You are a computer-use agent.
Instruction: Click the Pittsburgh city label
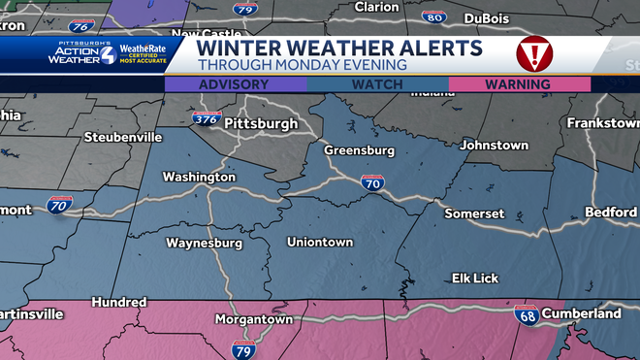[x=263, y=124]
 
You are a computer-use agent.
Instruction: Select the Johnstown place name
[x=495, y=145]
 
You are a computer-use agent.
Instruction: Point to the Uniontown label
[x=320, y=242]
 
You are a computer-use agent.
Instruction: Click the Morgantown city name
[x=253, y=319]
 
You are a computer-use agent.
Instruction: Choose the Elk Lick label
[x=475, y=278]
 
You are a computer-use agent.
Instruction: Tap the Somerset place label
[x=473, y=213]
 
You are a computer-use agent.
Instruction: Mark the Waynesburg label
[x=203, y=242]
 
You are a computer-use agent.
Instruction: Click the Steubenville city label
[x=122, y=137]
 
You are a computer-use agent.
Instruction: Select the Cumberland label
[x=582, y=313]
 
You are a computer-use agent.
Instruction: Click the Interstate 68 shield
[x=525, y=315]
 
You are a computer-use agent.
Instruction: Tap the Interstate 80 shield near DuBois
[x=435, y=16]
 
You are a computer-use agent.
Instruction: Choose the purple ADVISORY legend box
[x=235, y=84]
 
